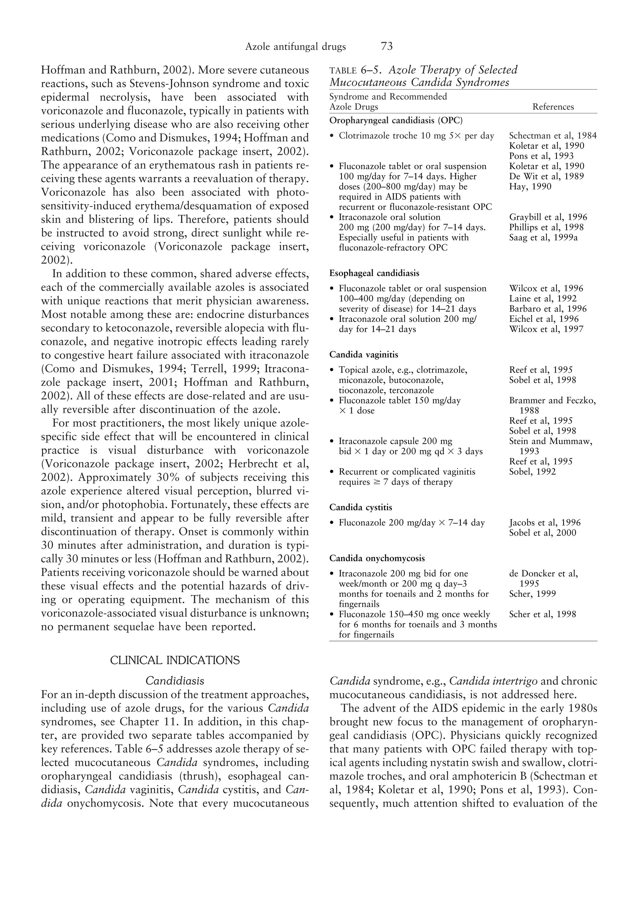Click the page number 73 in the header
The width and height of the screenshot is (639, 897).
pyautogui.click(x=387, y=47)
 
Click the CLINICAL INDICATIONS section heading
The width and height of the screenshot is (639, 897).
pyautogui.click(x=175, y=660)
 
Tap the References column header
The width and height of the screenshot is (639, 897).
pyautogui.click(x=553, y=107)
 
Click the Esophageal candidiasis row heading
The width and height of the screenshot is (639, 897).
pyautogui.click(x=374, y=273)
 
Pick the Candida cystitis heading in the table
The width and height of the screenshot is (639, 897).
pyautogui.click(x=360, y=507)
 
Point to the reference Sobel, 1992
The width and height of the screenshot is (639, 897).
pyautogui.click(x=532, y=472)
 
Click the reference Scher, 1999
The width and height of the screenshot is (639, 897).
pyautogui.click(x=532, y=594)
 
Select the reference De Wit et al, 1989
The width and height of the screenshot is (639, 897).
pyautogui.click(x=546, y=176)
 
